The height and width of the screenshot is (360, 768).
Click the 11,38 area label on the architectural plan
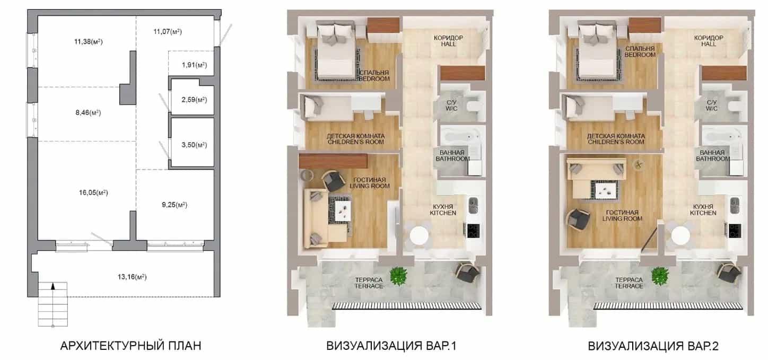coord(89,42)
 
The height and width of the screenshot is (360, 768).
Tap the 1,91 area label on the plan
coord(195,65)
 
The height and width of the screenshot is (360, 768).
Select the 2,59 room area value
coord(194,100)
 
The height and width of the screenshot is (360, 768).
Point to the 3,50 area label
coord(194,145)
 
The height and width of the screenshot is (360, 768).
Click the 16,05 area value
coord(93,192)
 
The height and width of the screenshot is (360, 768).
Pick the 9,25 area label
coord(174,205)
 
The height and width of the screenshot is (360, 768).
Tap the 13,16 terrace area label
coord(132,277)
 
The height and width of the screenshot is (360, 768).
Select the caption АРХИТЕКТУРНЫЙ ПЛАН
coord(130,346)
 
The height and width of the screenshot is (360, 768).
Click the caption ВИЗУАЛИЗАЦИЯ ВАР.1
coord(391,346)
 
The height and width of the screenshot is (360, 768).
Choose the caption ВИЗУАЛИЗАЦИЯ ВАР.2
coord(653,346)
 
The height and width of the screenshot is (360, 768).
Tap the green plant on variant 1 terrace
coord(398,276)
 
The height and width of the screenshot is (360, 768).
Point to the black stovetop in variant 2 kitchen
coord(735,231)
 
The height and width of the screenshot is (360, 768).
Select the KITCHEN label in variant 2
coord(703,213)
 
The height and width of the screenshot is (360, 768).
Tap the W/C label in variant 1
coord(451,109)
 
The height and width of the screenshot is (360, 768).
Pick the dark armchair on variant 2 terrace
coord(729,273)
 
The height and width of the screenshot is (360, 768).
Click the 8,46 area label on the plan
coord(88,113)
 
